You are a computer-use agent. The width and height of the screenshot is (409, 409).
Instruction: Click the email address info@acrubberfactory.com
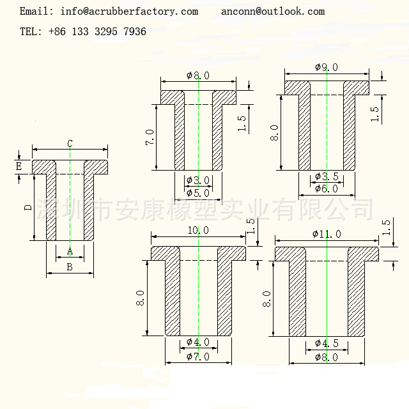coord(129,12)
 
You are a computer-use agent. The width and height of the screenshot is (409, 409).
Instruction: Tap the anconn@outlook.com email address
coord(273,12)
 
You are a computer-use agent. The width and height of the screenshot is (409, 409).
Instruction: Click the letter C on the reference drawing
coord(70,143)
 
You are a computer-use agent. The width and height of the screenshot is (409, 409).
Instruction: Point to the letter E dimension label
coord(19,167)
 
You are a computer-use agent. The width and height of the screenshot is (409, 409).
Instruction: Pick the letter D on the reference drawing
coord(27,208)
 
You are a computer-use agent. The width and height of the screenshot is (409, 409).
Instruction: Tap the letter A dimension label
coord(70,251)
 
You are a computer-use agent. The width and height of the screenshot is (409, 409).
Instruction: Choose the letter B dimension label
coord(70,267)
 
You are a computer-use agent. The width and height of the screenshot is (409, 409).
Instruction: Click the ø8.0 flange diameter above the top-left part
coord(198,75)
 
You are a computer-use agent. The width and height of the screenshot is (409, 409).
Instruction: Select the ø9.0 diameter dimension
coord(327,67)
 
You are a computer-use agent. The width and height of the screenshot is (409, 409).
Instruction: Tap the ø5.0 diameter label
coord(198,192)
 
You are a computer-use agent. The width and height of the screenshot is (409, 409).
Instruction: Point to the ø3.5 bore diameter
coord(327,177)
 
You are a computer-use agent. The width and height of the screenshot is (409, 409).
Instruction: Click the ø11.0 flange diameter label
coord(327,234)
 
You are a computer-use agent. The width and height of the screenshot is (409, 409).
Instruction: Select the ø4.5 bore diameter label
coord(327,343)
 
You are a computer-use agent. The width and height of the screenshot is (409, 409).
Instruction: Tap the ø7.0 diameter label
coord(198,356)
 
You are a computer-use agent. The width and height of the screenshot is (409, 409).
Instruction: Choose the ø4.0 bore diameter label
coord(198,342)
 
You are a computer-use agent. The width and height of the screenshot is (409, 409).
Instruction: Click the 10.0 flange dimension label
coord(198,230)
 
